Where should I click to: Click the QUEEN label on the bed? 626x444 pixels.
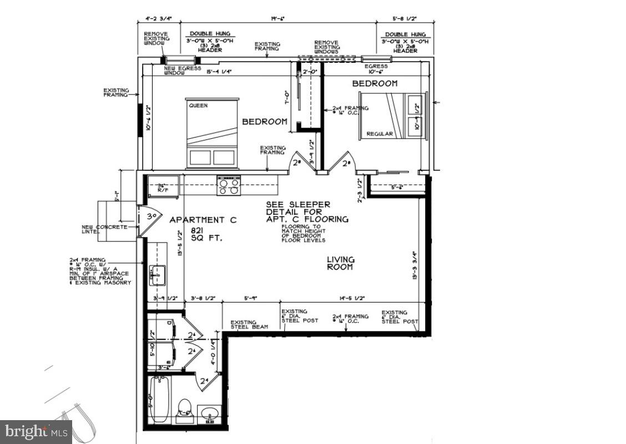(198, 105)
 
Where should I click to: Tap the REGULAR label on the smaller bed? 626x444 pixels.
(380, 134)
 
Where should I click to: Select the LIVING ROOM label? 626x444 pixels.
(340, 263)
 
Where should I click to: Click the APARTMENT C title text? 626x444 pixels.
(203, 220)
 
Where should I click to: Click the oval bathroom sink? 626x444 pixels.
(210, 413)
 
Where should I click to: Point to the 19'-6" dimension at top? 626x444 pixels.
(277, 18)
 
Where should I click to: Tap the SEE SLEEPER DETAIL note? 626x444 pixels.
(307, 211)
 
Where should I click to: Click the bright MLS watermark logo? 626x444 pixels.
(36, 431)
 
